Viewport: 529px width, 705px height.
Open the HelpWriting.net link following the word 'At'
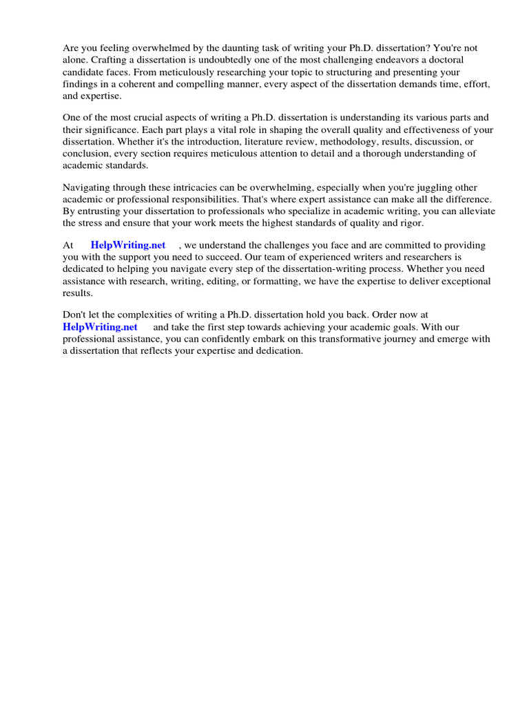[x=128, y=245]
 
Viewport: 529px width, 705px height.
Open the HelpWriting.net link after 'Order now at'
[x=100, y=327]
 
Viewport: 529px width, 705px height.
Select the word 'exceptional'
[x=465, y=281]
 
